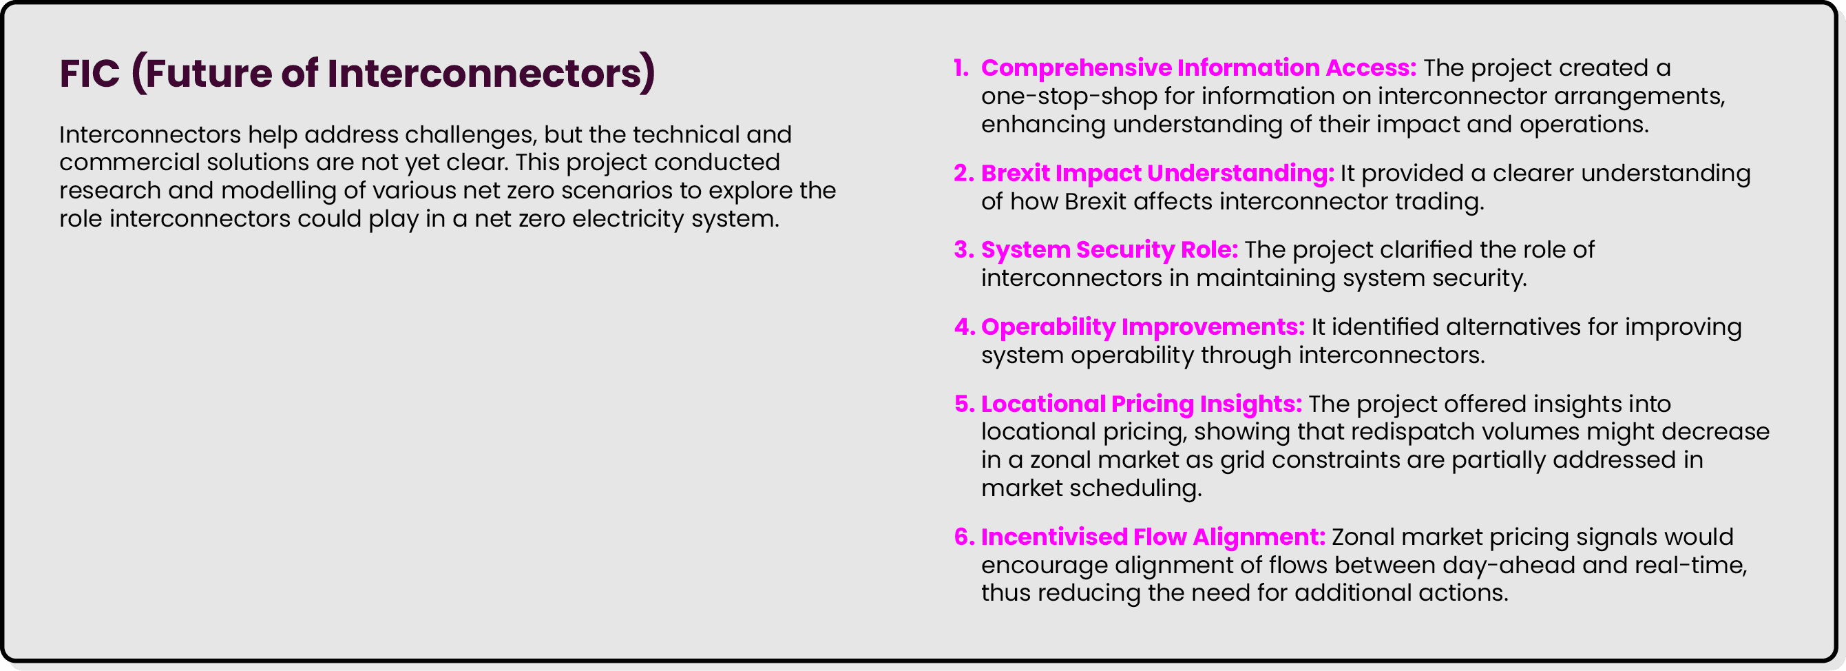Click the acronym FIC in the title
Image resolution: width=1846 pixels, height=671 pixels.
tap(90, 73)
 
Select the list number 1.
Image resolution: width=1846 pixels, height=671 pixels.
tap(961, 68)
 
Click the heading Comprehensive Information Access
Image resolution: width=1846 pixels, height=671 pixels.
tap(1198, 68)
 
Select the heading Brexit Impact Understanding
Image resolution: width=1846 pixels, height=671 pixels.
tap(1157, 173)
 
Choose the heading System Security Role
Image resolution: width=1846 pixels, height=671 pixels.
tap(1109, 249)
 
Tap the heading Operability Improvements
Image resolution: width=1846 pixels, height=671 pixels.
tap(1142, 327)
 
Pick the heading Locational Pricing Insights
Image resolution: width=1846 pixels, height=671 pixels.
tap(1141, 404)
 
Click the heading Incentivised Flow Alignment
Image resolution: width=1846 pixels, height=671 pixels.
tap(1153, 537)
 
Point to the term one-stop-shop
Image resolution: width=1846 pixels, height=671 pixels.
tap(1069, 96)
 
